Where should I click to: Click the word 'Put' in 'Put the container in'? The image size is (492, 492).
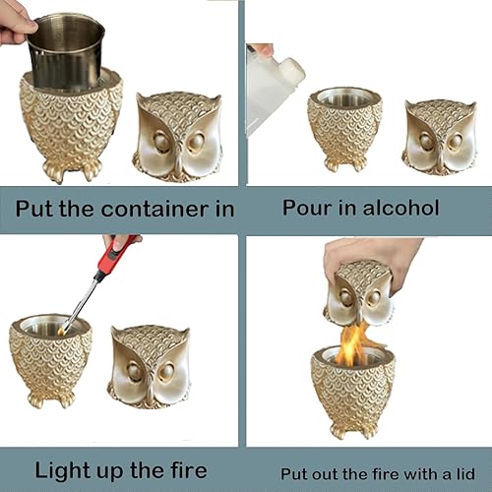point(37,208)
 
